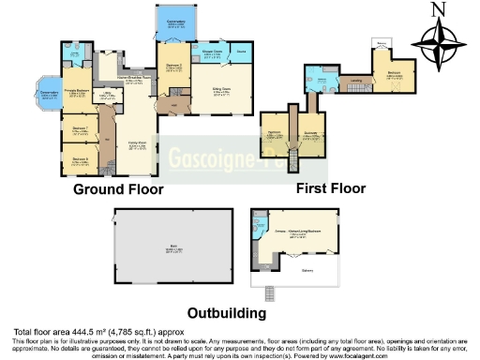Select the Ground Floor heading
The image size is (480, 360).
[x=119, y=189]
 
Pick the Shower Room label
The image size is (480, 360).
[x=211, y=55]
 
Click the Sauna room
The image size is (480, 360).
[x=240, y=54]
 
